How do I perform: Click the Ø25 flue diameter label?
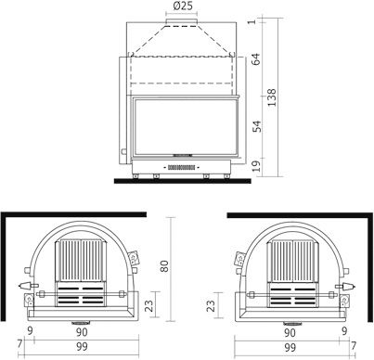[x=183, y=6]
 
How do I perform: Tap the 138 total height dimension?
[x=271, y=97]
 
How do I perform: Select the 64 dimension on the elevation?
[x=256, y=59]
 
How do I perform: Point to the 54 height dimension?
[x=257, y=126]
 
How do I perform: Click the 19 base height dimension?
[x=257, y=166]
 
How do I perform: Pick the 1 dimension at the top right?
[x=253, y=21]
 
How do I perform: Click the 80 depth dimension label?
[x=164, y=266]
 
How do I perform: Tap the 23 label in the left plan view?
[x=148, y=305]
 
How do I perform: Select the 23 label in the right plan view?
[x=211, y=305]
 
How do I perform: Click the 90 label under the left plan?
[x=82, y=332]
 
